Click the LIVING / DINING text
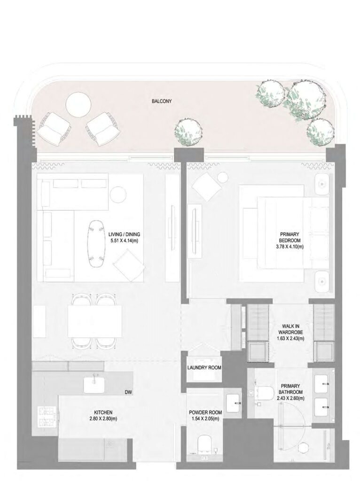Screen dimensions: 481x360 124,233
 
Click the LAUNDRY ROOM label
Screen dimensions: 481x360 204,368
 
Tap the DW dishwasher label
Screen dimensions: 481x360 128,391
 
